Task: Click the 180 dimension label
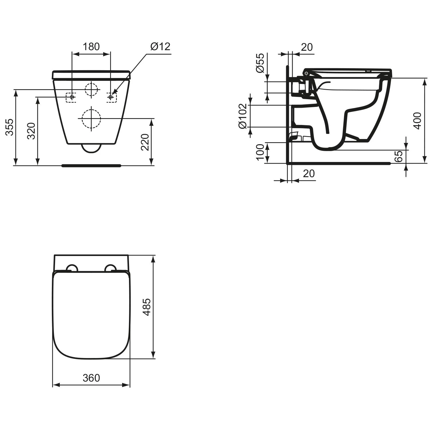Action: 91,46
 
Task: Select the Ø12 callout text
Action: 160,46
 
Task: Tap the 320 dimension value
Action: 31,131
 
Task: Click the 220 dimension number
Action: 145,142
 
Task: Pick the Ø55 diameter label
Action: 260,63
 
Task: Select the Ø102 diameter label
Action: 243,116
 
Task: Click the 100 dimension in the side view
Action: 260,152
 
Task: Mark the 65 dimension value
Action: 398,156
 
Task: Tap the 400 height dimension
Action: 418,121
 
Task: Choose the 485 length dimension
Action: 147,307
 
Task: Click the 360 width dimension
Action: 91,378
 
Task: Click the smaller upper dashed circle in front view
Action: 91,89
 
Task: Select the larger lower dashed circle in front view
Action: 91,118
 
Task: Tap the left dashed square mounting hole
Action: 71,97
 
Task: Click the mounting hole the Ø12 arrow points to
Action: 112,97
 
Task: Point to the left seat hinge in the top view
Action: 72,268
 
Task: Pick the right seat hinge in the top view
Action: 111,268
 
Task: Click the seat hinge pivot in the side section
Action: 306,73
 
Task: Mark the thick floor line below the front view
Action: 91,165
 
